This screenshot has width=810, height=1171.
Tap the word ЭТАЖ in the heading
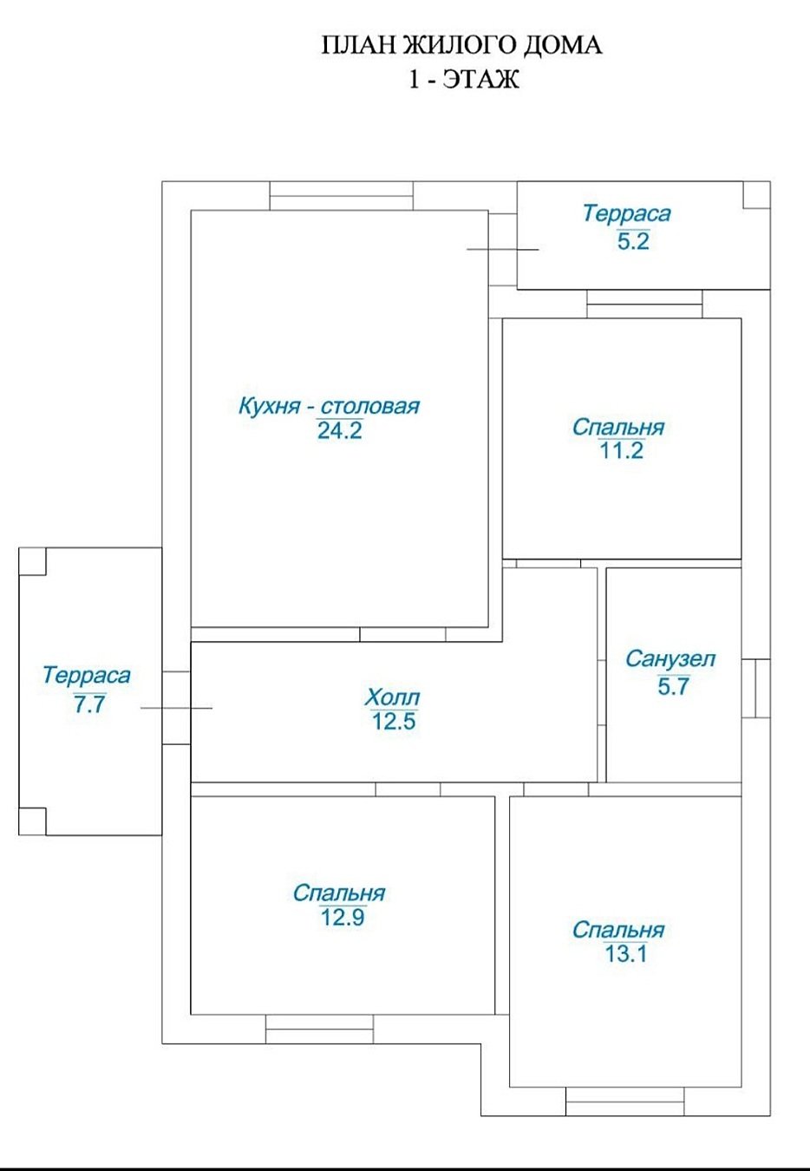click(x=481, y=80)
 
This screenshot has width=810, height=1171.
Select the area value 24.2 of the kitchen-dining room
click(x=340, y=431)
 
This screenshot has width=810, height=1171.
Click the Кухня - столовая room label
click(x=330, y=406)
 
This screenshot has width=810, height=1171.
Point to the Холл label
click(x=393, y=697)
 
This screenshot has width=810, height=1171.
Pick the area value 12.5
click(x=394, y=722)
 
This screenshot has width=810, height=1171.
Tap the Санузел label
click(x=670, y=658)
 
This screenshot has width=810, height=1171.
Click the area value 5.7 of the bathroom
click(x=674, y=686)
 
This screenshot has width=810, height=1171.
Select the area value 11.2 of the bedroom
click(x=621, y=451)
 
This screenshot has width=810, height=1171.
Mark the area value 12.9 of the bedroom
click(x=343, y=918)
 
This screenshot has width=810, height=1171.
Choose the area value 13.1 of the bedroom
click(x=626, y=954)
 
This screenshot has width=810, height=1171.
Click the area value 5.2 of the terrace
click(x=633, y=241)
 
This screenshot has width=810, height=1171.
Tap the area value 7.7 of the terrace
click(x=90, y=704)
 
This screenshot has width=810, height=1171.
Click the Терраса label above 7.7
click(x=86, y=676)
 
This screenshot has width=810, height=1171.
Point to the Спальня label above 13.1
click(x=618, y=930)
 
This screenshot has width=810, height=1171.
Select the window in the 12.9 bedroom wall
click(x=320, y=1029)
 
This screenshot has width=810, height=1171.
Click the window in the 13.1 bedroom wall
click(x=625, y=1102)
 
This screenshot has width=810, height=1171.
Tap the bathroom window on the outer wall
click(x=755, y=689)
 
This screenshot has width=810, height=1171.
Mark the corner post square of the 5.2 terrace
click(x=757, y=195)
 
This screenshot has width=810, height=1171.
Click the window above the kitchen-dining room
click(x=342, y=195)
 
